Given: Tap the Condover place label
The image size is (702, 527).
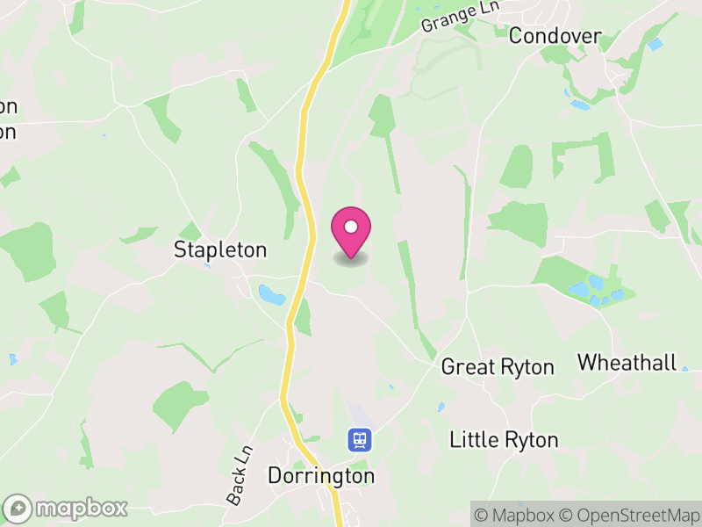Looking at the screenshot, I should [x=555, y=36].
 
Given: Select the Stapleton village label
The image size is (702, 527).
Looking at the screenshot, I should [x=220, y=249].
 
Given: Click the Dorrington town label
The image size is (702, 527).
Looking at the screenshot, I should [x=320, y=476].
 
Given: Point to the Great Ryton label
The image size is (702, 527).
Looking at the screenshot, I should [x=498, y=366].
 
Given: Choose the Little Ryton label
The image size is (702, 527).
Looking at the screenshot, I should [x=504, y=439].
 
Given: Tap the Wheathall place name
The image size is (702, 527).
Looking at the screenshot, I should [x=627, y=362].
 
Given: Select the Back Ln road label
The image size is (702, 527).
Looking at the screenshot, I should [x=239, y=476].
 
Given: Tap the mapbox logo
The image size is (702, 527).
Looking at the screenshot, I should [x=66, y=508].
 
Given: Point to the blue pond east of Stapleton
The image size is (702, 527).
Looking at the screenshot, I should [x=271, y=294].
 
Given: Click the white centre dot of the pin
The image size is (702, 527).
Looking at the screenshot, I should [x=351, y=227].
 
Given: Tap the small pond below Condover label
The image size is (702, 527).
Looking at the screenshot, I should [x=580, y=105].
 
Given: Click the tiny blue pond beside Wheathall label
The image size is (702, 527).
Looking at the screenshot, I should [x=684, y=369].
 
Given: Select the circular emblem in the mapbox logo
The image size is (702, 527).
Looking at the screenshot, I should [x=18, y=508].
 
